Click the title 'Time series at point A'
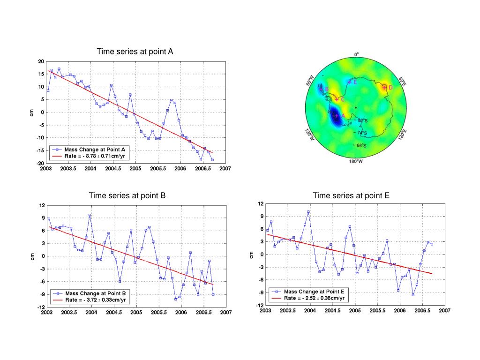pos(135,51)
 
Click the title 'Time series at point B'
pos(127,195)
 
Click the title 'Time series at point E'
pos(351,195)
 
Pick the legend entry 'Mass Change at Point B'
pos(95,293)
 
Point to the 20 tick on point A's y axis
pos(41,61)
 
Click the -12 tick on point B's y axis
pos(42,307)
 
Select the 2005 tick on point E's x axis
pos(355,310)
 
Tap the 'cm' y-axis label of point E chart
pos(251,254)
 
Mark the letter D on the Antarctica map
pos(390,87)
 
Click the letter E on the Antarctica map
pos(355,82)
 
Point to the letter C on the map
pos(342,99)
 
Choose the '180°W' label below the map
pos(356,162)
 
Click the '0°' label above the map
pos(356,54)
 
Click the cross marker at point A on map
pos(337,115)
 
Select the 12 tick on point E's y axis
pos(261,203)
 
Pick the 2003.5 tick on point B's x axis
pos(68,312)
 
